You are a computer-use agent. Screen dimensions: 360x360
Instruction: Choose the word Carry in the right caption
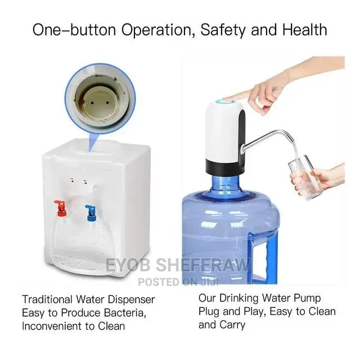(231, 325)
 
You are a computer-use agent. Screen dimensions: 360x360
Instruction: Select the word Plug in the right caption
(210, 311)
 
